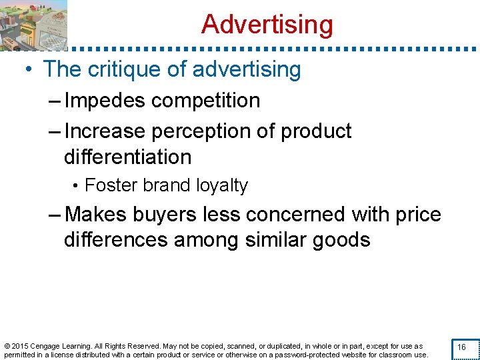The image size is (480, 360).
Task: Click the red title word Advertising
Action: click(x=267, y=25)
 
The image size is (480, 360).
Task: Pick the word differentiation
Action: click(x=127, y=157)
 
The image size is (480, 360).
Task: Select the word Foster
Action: click(x=107, y=185)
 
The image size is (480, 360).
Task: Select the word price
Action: click(x=417, y=215)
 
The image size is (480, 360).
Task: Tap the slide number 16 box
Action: click(x=461, y=347)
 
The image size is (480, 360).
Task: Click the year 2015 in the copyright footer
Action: click(x=21, y=346)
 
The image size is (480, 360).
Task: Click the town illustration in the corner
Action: click(x=33, y=25)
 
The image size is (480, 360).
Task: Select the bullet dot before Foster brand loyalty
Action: click(x=78, y=186)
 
